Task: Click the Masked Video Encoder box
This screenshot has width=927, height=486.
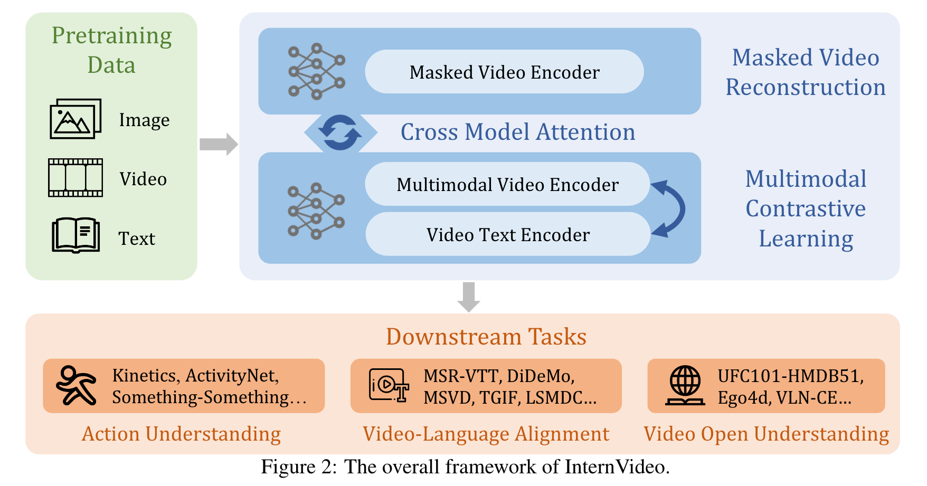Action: (x=504, y=72)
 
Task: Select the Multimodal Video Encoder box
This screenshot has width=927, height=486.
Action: (x=507, y=184)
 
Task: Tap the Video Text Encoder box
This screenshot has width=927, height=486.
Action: (x=508, y=234)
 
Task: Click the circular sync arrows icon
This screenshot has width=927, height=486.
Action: (x=341, y=132)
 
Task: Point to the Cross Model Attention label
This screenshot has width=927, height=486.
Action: (x=517, y=132)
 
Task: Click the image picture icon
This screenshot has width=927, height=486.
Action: (x=75, y=119)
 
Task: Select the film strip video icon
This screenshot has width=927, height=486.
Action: (x=75, y=178)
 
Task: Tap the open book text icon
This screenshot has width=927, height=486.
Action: (x=75, y=236)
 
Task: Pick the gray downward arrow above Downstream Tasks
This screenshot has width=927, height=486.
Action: (x=469, y=297)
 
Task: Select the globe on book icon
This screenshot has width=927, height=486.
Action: (x=685, y=386)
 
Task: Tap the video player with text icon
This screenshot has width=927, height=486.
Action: (x=389, y=386)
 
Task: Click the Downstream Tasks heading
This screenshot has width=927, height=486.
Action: (x=486, y=337)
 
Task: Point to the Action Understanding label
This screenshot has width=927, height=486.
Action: (x=181, y=434)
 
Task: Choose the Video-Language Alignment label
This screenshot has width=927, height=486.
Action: (x=486, y=434)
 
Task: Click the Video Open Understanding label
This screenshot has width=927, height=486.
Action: (x=766, y=434)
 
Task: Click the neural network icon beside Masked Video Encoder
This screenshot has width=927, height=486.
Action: (x=316, y=71)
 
